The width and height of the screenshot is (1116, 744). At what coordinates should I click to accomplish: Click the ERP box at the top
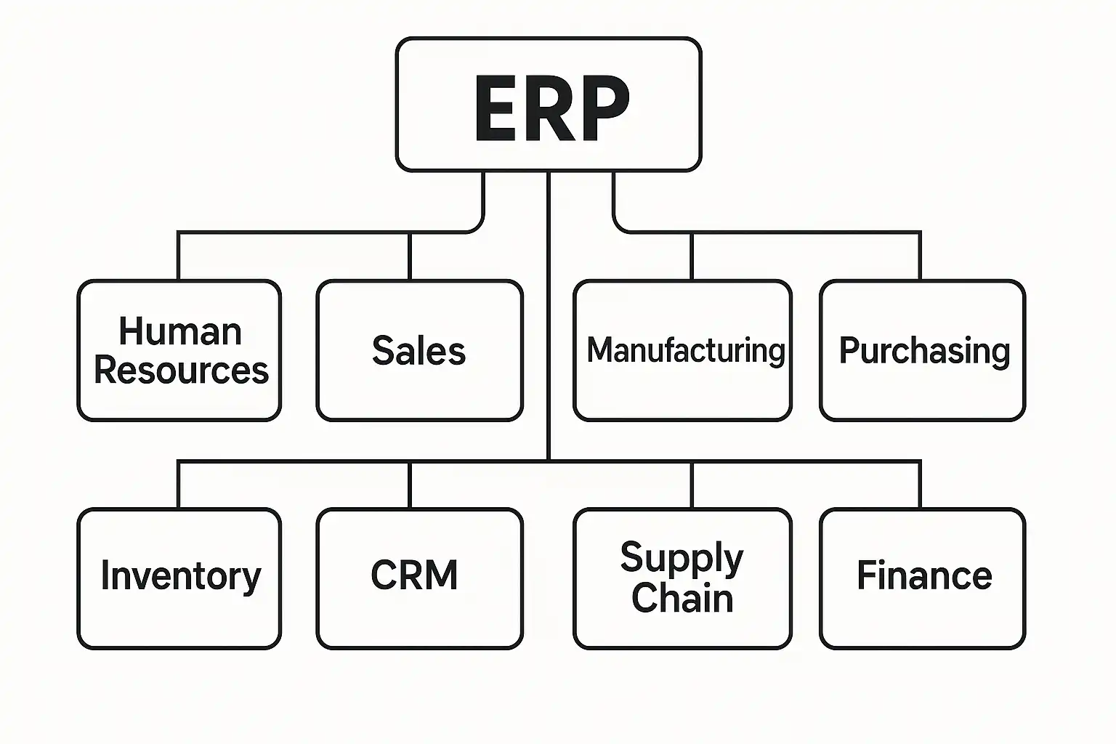549,105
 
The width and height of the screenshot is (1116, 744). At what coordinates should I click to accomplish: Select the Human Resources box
179,350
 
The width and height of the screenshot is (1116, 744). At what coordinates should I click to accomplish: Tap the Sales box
419,350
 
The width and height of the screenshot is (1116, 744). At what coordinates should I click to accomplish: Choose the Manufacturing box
682,350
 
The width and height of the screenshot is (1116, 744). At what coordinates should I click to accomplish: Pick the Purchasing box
922,350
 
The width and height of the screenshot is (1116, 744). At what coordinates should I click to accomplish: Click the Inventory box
179,578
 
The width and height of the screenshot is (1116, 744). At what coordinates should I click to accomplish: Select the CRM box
419,578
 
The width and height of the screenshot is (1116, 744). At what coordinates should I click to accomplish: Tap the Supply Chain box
682,578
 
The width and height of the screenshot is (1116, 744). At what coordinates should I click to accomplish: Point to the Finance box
922,578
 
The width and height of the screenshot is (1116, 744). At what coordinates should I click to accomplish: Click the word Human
180,332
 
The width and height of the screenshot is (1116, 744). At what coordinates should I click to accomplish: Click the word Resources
181,370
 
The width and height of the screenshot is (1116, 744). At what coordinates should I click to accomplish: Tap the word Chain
682,598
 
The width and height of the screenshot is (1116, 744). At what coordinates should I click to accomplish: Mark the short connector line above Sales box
410,256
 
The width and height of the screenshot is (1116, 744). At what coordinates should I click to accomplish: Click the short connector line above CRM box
410,485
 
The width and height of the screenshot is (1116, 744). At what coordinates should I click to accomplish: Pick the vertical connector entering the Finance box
921,485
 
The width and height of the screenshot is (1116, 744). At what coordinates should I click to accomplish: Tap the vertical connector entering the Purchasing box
921,256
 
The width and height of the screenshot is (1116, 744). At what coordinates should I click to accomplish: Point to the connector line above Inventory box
178,485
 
